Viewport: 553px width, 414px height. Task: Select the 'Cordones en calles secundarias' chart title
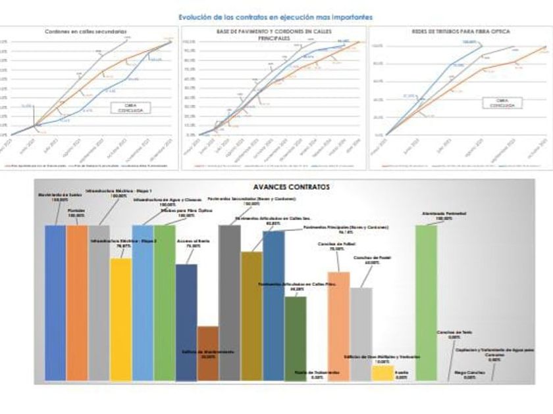86,32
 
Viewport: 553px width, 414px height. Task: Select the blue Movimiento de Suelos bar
55,302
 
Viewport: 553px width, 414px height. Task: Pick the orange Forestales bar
77,302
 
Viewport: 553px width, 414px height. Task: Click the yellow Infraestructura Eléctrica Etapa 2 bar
120,319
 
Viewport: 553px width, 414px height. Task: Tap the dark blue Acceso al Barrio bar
186,322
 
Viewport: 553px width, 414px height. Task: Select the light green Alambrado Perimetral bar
426,302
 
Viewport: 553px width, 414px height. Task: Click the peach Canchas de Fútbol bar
338,325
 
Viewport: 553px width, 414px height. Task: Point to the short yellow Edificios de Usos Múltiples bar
382,373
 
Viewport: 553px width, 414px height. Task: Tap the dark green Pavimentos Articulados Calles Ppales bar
296,338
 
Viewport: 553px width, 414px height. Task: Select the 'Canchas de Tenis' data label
450,336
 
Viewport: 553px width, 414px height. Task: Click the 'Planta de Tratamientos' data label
317,375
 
